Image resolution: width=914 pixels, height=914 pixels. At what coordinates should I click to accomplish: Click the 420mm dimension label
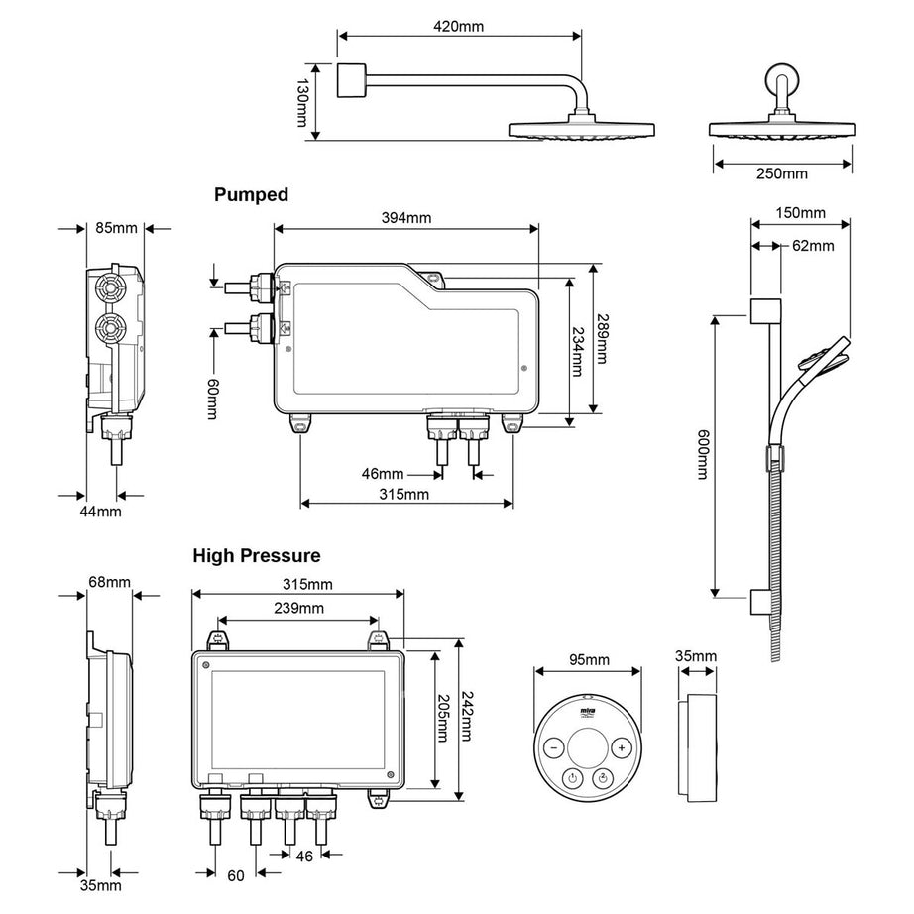pos(459,27)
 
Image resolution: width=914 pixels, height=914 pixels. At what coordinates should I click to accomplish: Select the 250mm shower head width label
pos(782,174)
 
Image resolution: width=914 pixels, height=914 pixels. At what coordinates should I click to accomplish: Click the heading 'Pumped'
pos(252,195)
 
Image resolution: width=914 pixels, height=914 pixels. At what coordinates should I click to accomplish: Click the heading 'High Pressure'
pos(257,556)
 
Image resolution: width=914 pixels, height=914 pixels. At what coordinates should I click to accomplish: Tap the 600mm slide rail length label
pos(703,455)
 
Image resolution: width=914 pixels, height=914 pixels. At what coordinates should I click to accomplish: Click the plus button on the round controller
pos(621,748)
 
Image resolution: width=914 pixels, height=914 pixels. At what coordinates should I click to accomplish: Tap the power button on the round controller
pos(571,779)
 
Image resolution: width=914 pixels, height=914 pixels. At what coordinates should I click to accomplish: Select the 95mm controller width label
pos(589,660)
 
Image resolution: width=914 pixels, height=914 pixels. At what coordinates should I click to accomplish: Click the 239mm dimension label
pos(298,608)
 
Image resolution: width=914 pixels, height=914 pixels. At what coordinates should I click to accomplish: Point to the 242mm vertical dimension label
pos(467,719)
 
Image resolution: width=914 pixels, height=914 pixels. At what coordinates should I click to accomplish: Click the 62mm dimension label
pos(812,245)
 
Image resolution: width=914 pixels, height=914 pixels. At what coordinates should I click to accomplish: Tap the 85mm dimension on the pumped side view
pos(116,229)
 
